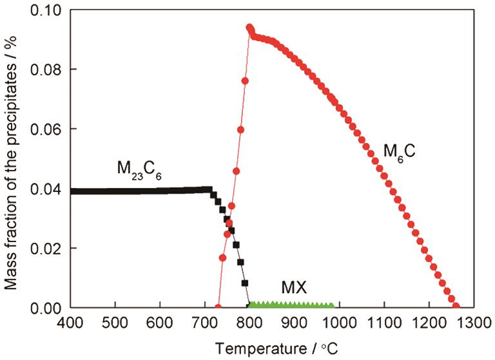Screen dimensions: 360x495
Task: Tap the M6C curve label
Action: [x=402, y=152]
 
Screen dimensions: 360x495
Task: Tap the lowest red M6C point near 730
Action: [x=218, y=307]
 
